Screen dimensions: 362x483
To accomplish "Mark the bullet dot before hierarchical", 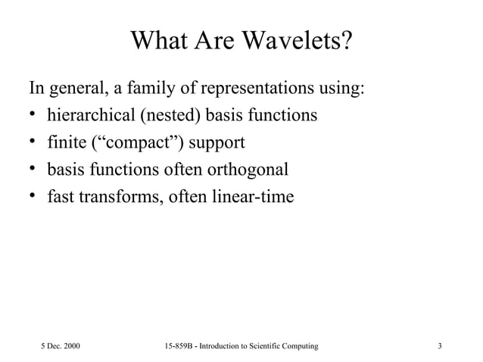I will [33, 117].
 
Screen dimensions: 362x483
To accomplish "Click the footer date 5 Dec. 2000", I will [60, 346].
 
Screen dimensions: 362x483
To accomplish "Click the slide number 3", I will [440, 346].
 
